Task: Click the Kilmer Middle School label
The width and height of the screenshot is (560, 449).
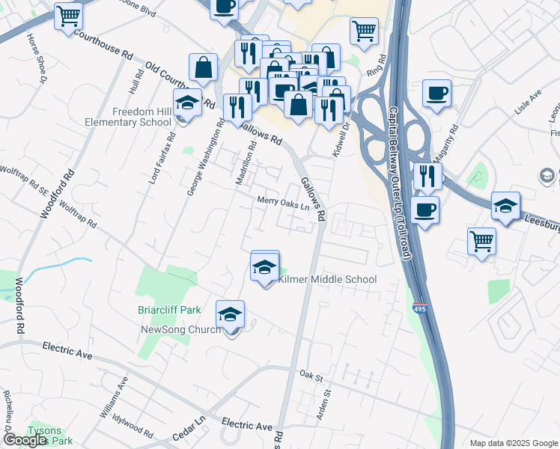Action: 327,279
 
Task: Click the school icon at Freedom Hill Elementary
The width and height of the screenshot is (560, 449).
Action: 187,103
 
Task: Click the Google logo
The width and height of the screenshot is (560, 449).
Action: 25,440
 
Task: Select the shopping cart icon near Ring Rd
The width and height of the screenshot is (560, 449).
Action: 364,31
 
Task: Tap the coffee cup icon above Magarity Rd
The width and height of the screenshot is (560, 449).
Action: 436,94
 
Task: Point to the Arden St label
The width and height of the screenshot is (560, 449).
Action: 325,403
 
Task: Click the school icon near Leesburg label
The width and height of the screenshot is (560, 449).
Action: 505,207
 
